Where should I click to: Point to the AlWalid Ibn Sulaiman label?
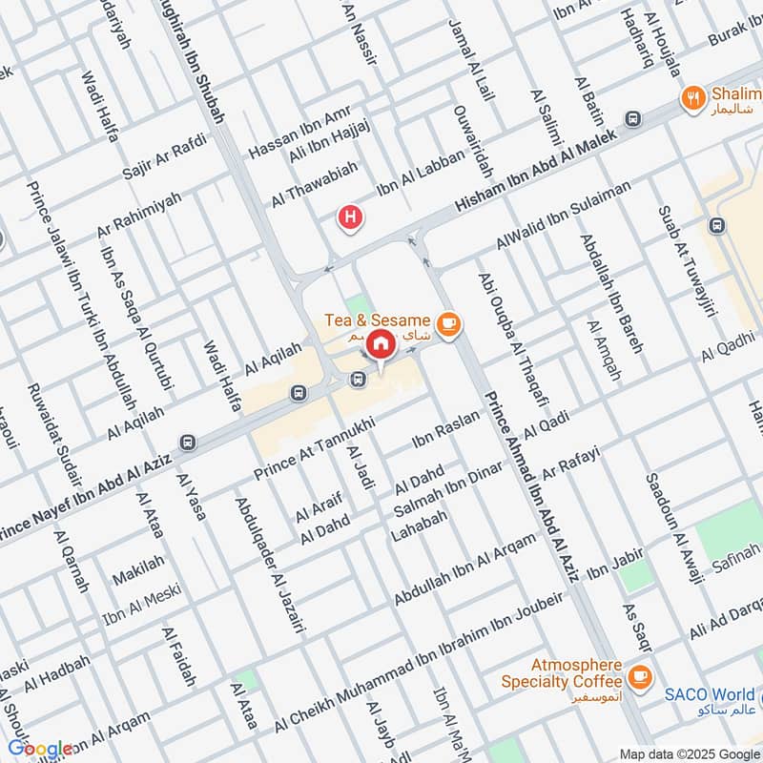click(x=563, y=212)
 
